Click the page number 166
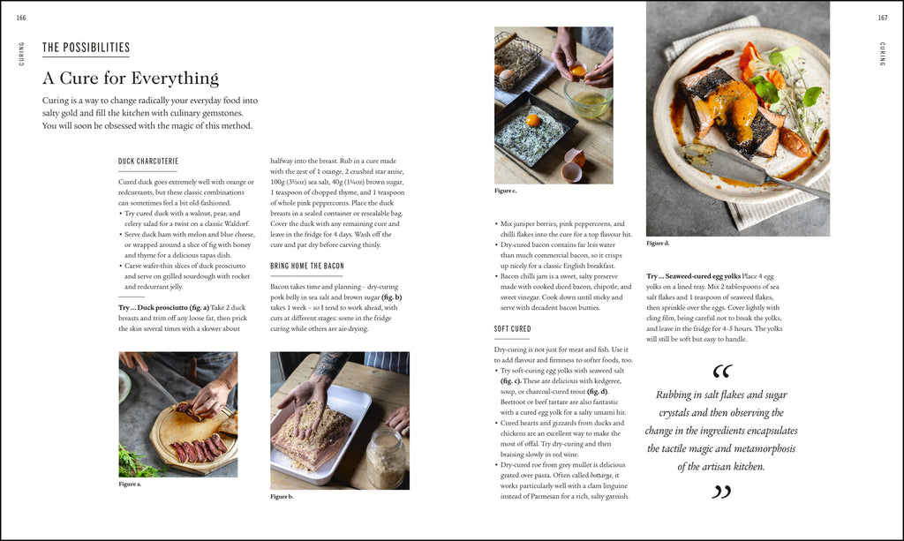click(x=21, y=18)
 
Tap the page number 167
click(x=882, y=18)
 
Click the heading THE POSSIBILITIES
click(x=86, y=48)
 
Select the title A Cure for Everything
click(x=130, y=78)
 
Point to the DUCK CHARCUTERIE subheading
click(x=148, y=162)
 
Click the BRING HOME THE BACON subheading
click(x=307, y=266)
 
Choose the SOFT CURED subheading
click(x=512, y=329)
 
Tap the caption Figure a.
click(x=130, y=484)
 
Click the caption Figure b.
click(x=282, y=497)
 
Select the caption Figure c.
click(x=506, y=191)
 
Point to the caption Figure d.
click(x=658, y=243)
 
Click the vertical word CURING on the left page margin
click(x=21, y=54)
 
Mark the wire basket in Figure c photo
click(x=518, y=56)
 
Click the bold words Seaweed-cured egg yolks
click(x=704, y=276)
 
